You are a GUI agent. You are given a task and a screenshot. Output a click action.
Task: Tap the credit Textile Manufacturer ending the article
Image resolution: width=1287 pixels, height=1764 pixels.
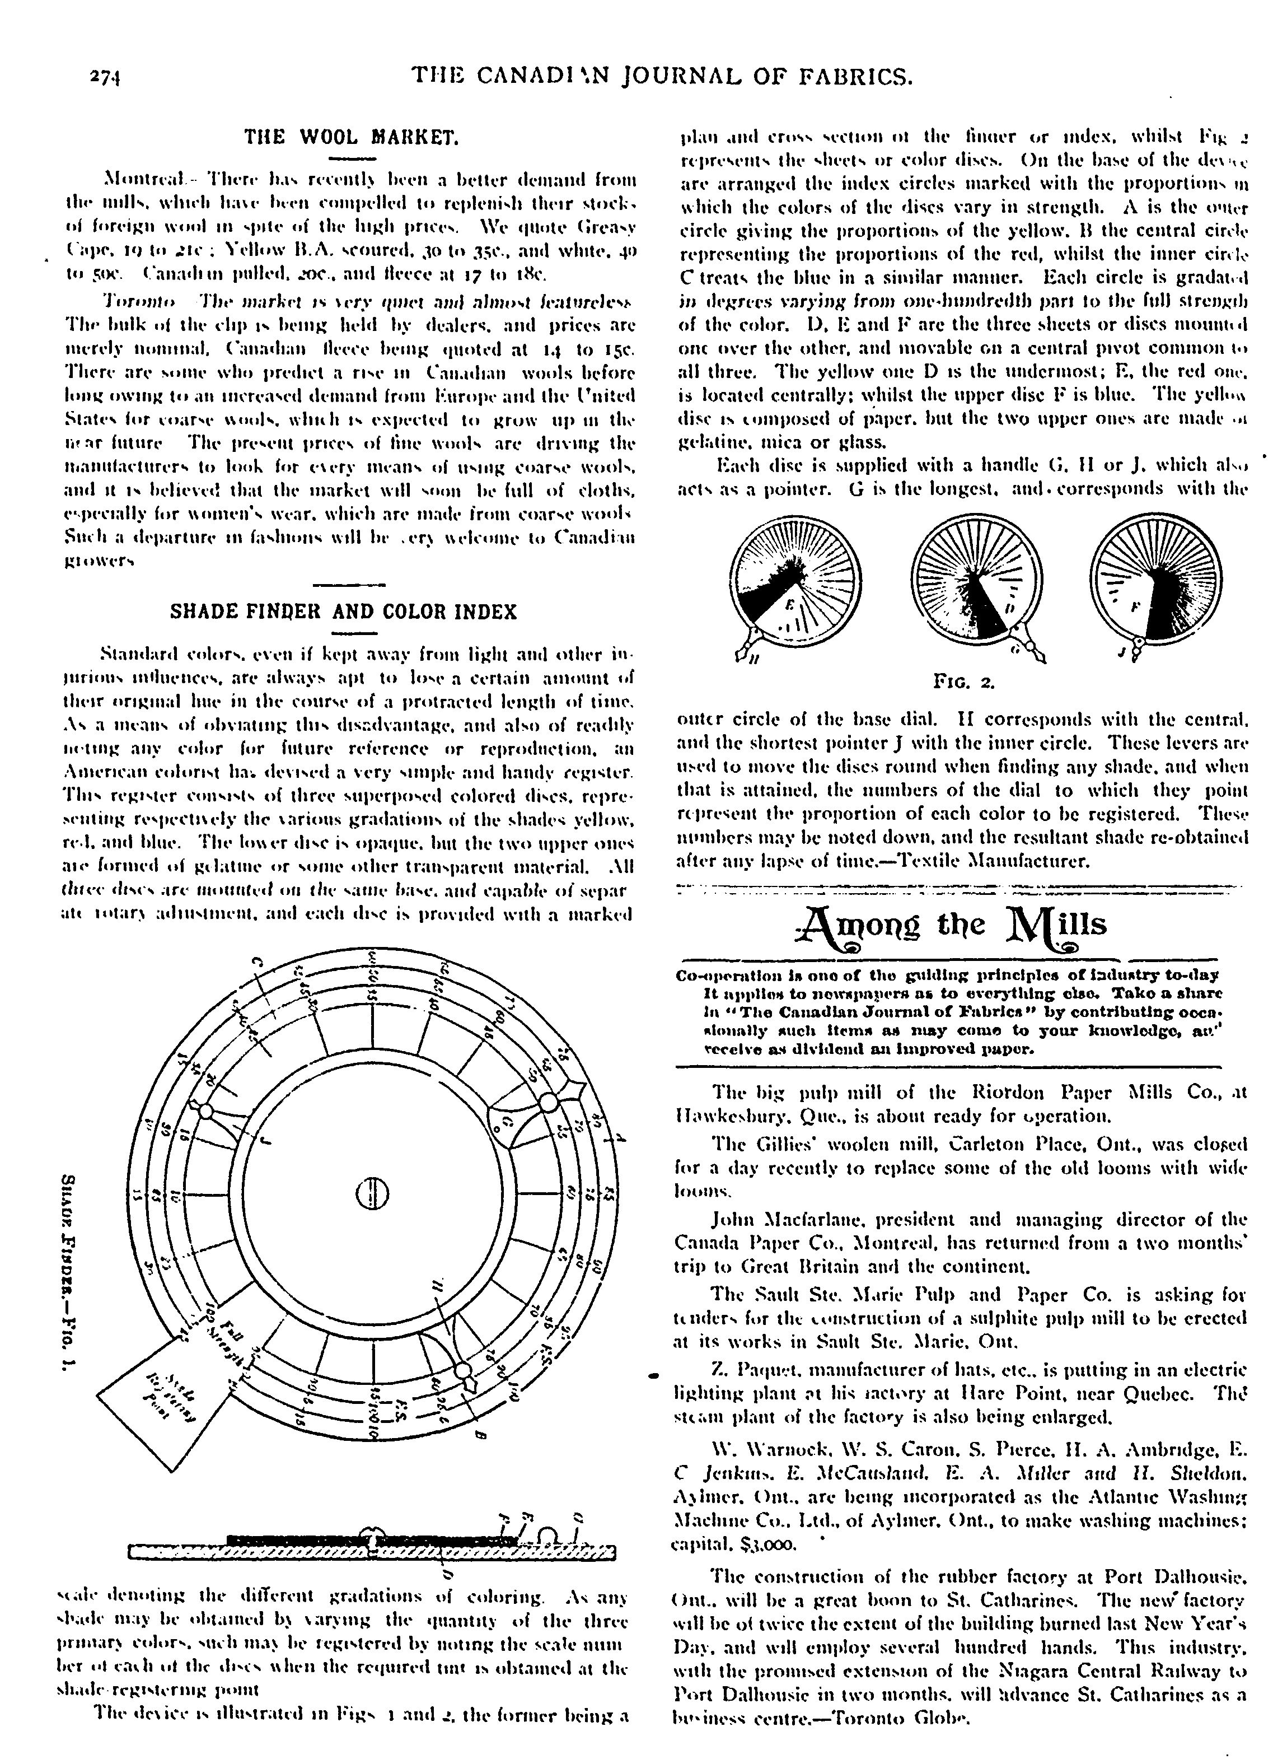point(1021,862)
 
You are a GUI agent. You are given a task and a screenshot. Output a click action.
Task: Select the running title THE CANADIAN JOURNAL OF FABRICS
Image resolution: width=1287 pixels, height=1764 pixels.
point(661,76)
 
